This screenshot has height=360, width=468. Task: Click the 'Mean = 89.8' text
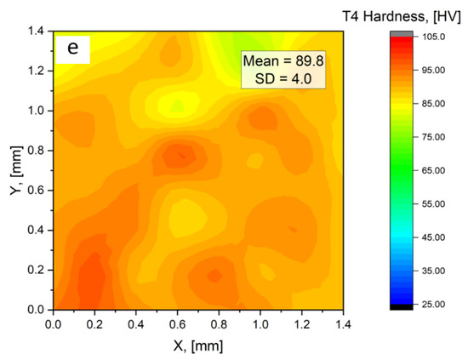coord(277,61)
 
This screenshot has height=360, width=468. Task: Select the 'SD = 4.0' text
coord(277,79)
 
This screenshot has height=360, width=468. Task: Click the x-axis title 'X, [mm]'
coord(197,346)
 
